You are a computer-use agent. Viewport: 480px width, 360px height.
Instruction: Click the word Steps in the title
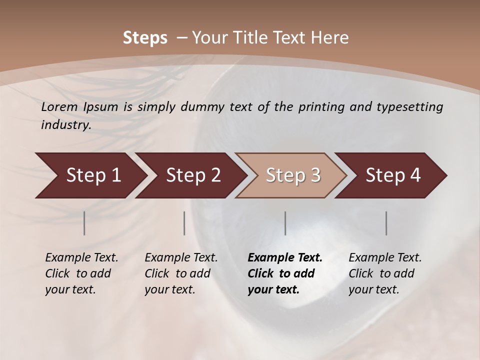point(145,37)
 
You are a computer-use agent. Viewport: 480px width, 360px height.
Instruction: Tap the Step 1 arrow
point(90,175)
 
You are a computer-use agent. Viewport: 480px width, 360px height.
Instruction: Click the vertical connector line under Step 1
point(84,223)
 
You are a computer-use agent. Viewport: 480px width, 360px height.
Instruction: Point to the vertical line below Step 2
point(184,223)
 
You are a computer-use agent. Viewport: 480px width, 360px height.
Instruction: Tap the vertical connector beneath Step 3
point(285,223)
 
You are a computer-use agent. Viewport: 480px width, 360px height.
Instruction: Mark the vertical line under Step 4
point(386,223)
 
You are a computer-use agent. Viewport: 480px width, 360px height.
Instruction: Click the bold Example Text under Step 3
point(285,273)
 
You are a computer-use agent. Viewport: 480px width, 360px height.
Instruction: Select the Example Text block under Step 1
point(81,273)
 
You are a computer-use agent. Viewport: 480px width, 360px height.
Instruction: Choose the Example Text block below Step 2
point(181,273)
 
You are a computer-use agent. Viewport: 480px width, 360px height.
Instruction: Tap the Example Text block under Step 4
point(385,273)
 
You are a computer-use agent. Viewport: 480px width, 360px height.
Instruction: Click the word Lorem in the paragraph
point(59,107)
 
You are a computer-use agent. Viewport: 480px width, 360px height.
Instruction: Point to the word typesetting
point(412,107)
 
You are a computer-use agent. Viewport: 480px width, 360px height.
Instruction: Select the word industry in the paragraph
point(65,125)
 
